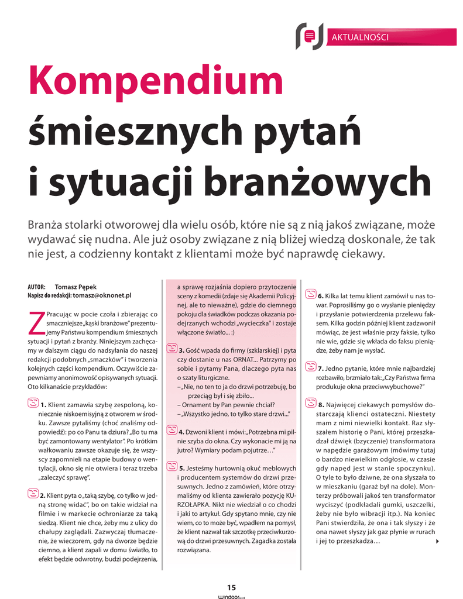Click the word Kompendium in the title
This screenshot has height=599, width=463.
coord(156,82)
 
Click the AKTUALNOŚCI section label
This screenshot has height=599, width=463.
coord(360,37)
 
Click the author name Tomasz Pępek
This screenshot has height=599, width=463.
coord(76,287)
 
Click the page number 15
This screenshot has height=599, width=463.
coord(231,587)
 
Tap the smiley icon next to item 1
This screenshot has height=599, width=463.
coord(33,403)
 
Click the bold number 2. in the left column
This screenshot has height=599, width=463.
coord(43,495)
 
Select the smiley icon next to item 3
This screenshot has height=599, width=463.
coord(172,349)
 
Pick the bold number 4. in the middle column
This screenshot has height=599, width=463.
coord(182,432)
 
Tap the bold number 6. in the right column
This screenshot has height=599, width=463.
coord(321,296)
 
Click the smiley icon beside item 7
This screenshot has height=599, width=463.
coord(310,368)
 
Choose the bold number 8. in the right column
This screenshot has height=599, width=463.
coord(321,404)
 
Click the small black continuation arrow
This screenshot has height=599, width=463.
coord(438,542)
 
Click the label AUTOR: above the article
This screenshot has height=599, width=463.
coord(36,287)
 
